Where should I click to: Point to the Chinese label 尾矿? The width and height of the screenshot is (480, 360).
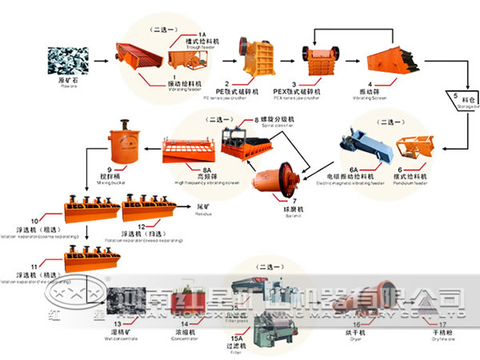coord(205,206)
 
